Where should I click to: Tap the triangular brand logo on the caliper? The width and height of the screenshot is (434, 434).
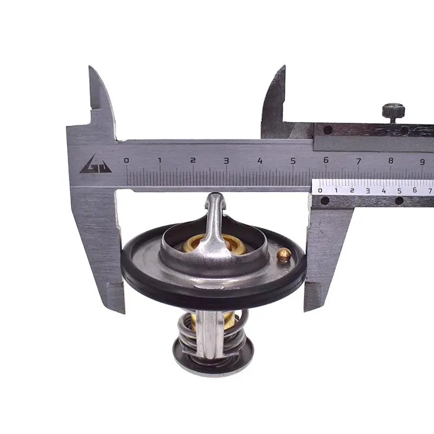[96, 164]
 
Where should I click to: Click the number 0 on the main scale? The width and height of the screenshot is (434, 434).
[126, 160]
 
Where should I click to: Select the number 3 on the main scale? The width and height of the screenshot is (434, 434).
[226, 161]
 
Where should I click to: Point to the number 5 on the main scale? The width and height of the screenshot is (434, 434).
[293, 161]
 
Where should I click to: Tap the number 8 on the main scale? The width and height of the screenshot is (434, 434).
[391, 161]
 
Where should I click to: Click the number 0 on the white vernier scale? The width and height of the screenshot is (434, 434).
[320, 190]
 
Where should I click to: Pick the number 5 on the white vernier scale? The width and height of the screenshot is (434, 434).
[399, 190]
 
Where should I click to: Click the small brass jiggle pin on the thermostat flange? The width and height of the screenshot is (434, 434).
[284, 254]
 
